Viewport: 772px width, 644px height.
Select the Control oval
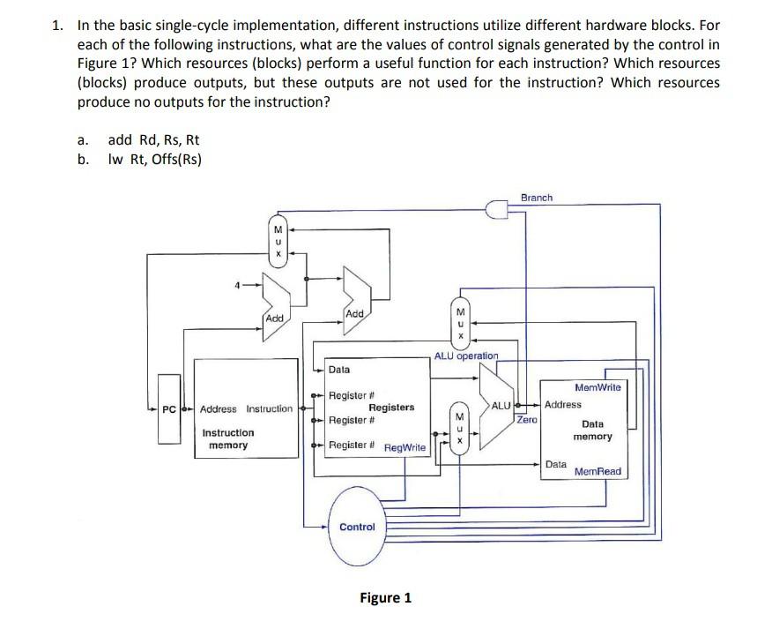pos(357,527)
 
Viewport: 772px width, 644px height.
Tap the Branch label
pos(537,198)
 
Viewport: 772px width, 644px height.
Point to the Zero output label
pos(527,421)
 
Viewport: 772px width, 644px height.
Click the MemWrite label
pos(598,387)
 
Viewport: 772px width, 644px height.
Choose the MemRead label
pos(598,471)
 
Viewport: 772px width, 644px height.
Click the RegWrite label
pos(405,448)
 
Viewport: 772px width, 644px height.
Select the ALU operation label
pos(466,356)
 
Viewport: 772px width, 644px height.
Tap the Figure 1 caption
pos(385,597)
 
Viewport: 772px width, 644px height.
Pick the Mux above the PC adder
pos(278,239)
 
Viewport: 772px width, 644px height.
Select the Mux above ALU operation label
pos(458,324)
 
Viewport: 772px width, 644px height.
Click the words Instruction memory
pos(228,438)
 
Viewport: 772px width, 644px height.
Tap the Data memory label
pos(592,430)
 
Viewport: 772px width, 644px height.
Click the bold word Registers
pos(391,407)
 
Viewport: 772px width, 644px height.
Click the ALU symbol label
pos(501,405)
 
